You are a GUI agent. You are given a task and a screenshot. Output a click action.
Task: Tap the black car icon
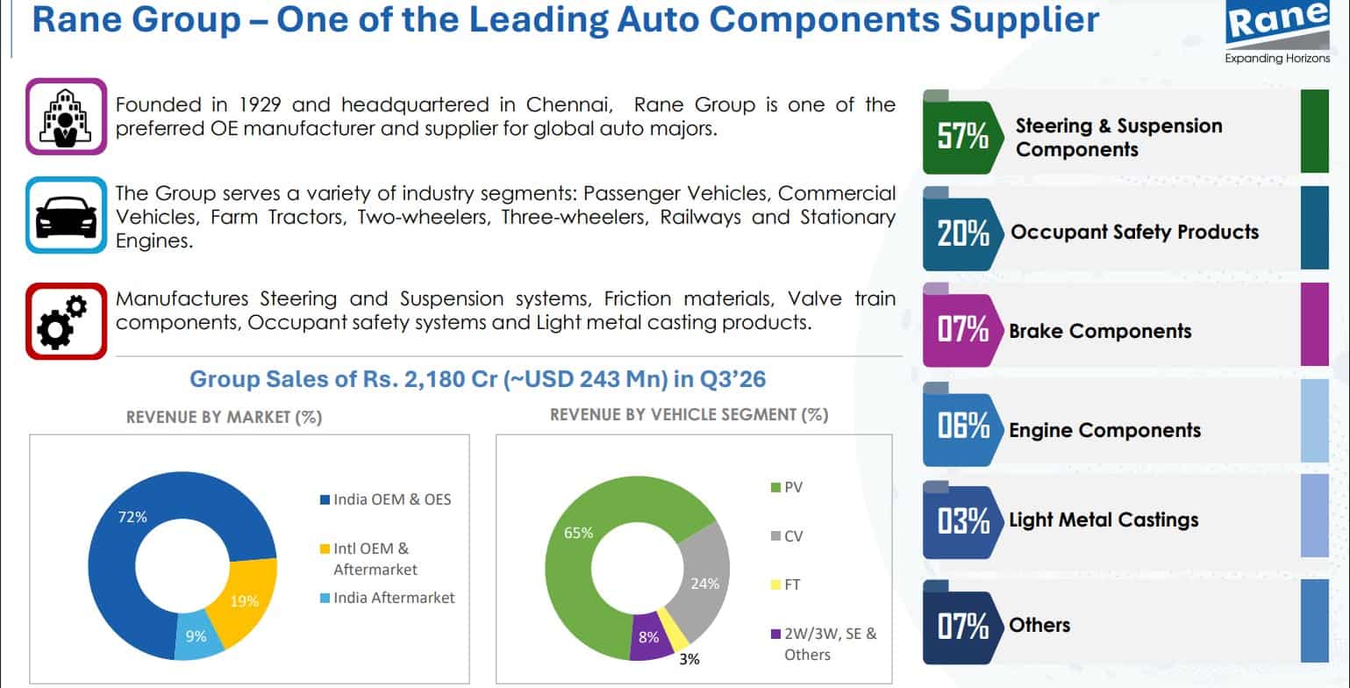[x=67, y=216]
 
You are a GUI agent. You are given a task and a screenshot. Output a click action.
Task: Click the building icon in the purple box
[x=66, y=117]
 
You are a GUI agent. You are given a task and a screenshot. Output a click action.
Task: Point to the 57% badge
[x=962, y=135]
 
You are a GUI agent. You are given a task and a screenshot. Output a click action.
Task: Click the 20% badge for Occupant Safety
[x=962, y=233]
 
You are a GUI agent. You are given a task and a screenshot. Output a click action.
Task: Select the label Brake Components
[x=1100, y=331]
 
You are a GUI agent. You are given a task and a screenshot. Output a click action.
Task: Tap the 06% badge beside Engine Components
[x=962, y=426]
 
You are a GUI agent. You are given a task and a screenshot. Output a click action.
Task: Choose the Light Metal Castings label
[x=1104, y=520]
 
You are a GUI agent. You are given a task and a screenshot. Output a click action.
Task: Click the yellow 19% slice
[x=247, y=597]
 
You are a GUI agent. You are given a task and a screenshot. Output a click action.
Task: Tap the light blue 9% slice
[x=197, y=636]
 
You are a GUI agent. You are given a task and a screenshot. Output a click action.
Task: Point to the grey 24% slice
[x=704, y=579]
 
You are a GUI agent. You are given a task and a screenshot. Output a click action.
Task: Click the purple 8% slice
[x=650, y=637]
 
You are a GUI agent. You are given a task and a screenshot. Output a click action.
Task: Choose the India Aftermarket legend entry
[x=388, y=598]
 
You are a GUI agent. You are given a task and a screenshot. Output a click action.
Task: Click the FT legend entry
[x=786, y=584]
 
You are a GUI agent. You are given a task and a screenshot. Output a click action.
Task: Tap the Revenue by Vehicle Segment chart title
[x=689, y=415]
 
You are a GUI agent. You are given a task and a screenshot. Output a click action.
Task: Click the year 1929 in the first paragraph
[x=260, y=104]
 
